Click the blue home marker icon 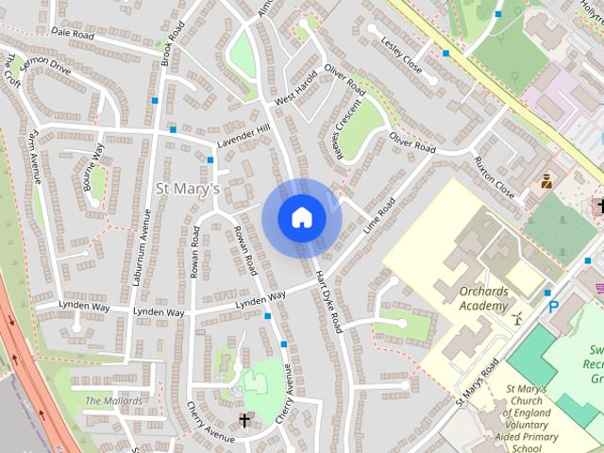tap(301, 217)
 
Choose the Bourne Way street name tap(95, 167)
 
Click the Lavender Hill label tap(243, 135)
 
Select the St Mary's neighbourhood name tap(187, 189)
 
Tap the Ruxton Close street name tap(495, 176)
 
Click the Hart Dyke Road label tap(327, 301)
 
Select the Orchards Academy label tap(483, 298)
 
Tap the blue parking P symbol tap(553, 307)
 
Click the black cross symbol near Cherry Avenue tap(244, 419)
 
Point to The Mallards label tap(113, 401)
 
